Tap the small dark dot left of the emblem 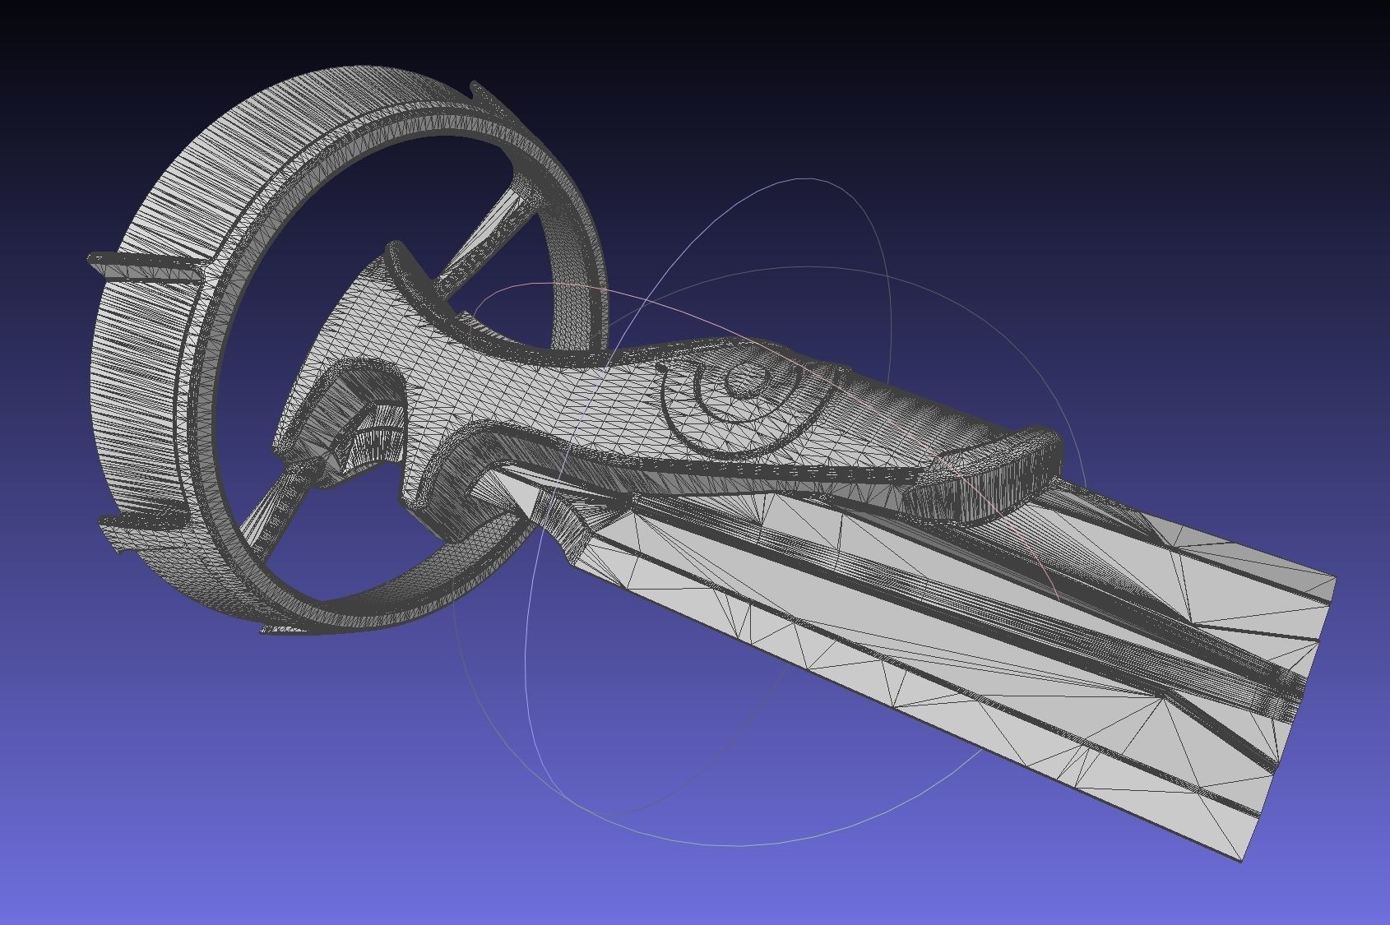point(660,368)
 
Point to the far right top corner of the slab point(1334,578)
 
